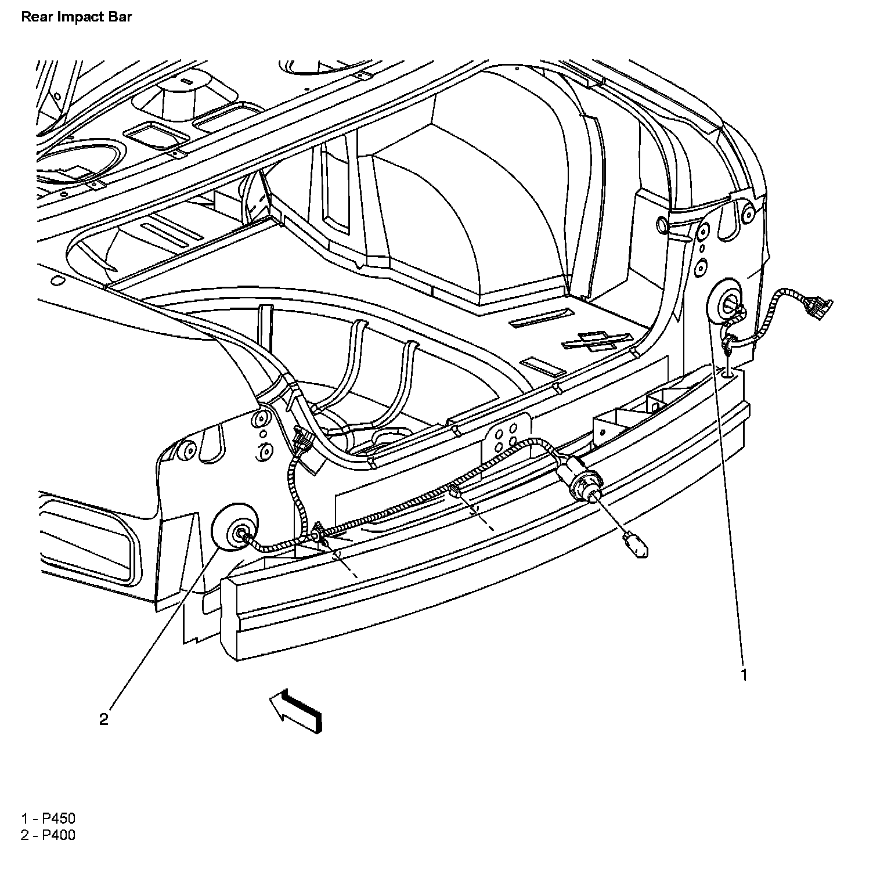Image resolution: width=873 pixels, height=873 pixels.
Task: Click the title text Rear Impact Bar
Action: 76,16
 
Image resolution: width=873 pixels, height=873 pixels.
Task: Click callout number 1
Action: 743,674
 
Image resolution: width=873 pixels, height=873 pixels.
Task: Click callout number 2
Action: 103,720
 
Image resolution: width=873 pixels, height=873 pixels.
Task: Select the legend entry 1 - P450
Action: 48,819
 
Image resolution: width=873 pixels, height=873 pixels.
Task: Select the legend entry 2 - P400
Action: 48,836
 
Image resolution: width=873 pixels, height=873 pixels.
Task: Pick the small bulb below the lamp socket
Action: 636,544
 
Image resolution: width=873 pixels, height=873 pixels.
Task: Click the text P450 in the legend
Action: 59,819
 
